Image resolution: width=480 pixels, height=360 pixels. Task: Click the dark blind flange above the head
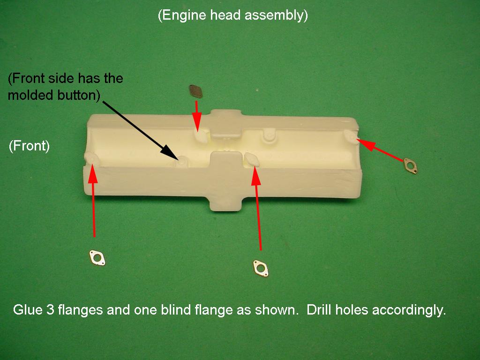point(195,90)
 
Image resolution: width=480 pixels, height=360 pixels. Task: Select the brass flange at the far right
point(410,165)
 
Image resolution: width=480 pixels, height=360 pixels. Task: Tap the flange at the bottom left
point(97,257)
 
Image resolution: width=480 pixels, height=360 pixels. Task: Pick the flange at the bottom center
point(259,267)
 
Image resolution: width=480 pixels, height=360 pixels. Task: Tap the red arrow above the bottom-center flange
point(257,206)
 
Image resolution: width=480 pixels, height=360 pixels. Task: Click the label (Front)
point(29,146)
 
